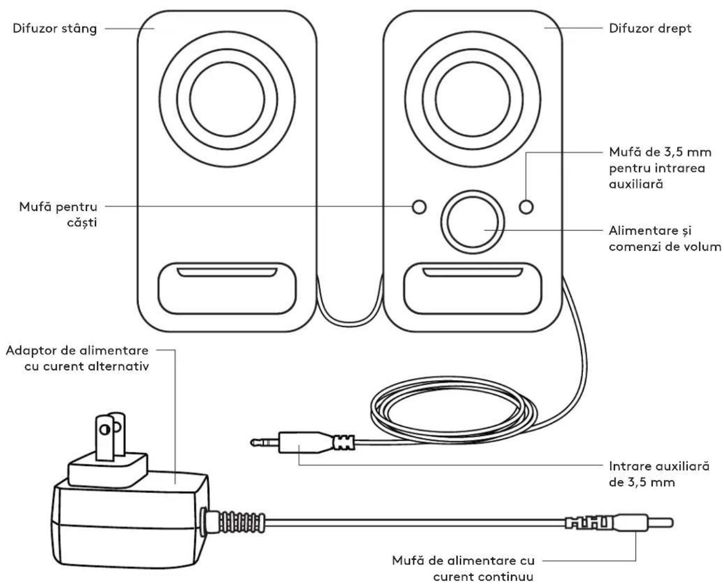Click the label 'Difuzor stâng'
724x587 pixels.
[x=55, y=28]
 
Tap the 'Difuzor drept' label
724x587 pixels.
[x=650, y=28]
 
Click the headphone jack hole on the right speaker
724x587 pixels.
[x=419, y=207]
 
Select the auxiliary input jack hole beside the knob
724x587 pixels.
[x=526, y=207]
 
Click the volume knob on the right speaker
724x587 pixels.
[x=472, y=222]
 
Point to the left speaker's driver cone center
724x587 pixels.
[x=227, y=99]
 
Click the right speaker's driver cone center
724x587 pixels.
[x=472, y=99]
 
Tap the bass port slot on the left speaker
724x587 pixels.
[x=227, y=272]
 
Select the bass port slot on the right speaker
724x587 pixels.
[x=472, y=272]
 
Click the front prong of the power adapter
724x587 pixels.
[x=105, y=438]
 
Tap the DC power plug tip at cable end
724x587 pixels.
[x=660, y=523]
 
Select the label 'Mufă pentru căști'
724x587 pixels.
[x=58, y=215]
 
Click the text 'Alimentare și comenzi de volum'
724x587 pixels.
[x=665, y=238]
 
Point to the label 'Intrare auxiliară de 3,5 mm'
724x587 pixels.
[x=659, y=474]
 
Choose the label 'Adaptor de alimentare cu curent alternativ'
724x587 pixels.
[x=78, y=358]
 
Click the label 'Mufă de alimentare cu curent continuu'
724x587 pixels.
[x=463, y=568]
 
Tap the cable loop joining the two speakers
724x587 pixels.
[x=350, y=320]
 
